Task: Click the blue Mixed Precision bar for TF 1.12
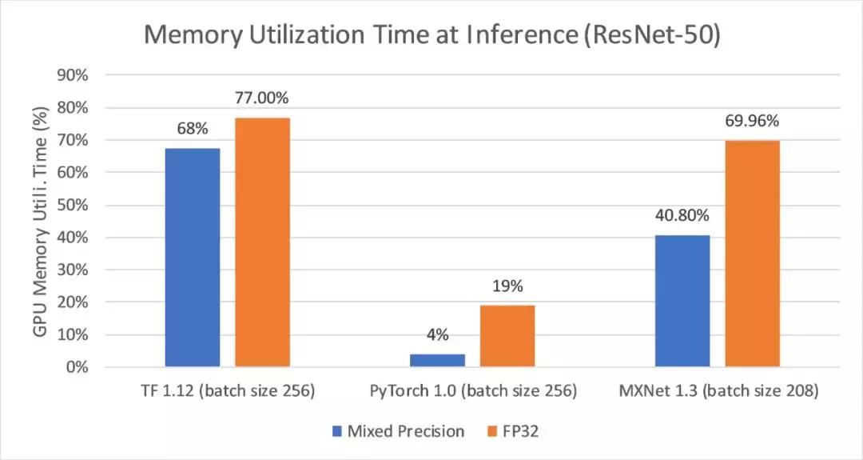(x=193, y=258)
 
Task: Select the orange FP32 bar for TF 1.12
(x=262, y=242)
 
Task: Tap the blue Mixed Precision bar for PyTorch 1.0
(x=437, y=360)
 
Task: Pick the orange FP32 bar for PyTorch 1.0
(x=507, y=336)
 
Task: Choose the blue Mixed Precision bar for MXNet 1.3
(x=682, y=301)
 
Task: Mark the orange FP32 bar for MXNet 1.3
(x=752, y=254)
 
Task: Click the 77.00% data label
(x=262, y=98)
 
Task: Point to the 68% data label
(x=193, y=129)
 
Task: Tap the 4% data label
(x=437, y=335)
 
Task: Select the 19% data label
(x=507, y=286)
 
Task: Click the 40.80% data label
(x=682, y=216)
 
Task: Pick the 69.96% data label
(x=752, y=122)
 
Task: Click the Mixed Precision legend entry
(x=398, y=431)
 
